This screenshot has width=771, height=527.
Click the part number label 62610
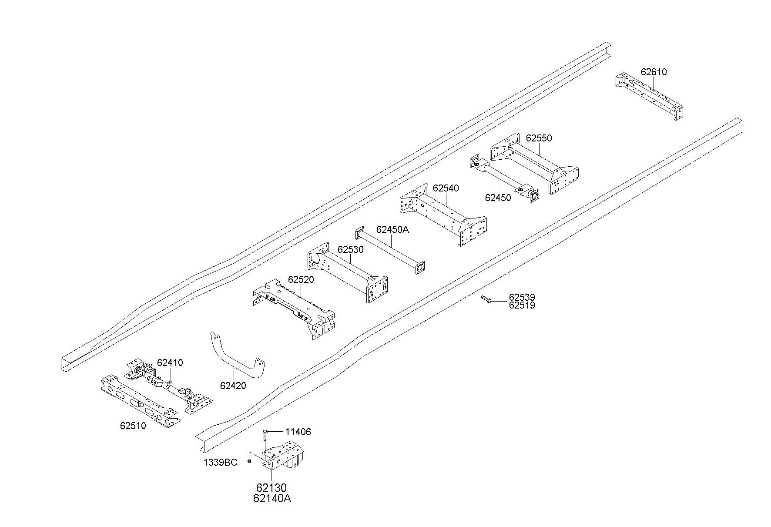click(654, 72)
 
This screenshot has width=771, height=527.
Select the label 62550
click(539, 138)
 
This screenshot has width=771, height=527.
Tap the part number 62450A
click(392, 230)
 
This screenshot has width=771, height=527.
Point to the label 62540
click(446, 188)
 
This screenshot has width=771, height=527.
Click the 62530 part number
click(350, 250)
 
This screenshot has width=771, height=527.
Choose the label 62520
click(301, 280)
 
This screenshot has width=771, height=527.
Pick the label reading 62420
click(233, 386)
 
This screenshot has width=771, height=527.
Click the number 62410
click(170, 363)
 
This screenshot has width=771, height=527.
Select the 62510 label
click(133, 426)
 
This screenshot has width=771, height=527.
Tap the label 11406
click(298, 432)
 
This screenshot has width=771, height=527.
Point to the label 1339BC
click(220, 462)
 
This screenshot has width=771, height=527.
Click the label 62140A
click(272, 499)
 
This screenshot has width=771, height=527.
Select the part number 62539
click(522, 298)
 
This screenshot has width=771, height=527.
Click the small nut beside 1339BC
click(249, 461)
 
